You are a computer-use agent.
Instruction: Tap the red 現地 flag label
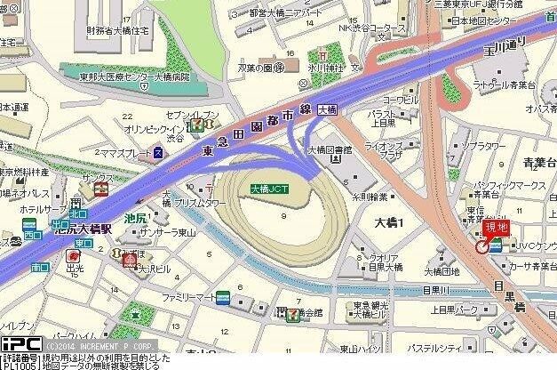(496, 229)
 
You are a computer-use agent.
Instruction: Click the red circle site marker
(482, 246)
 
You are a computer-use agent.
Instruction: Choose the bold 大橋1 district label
(388, 221)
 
